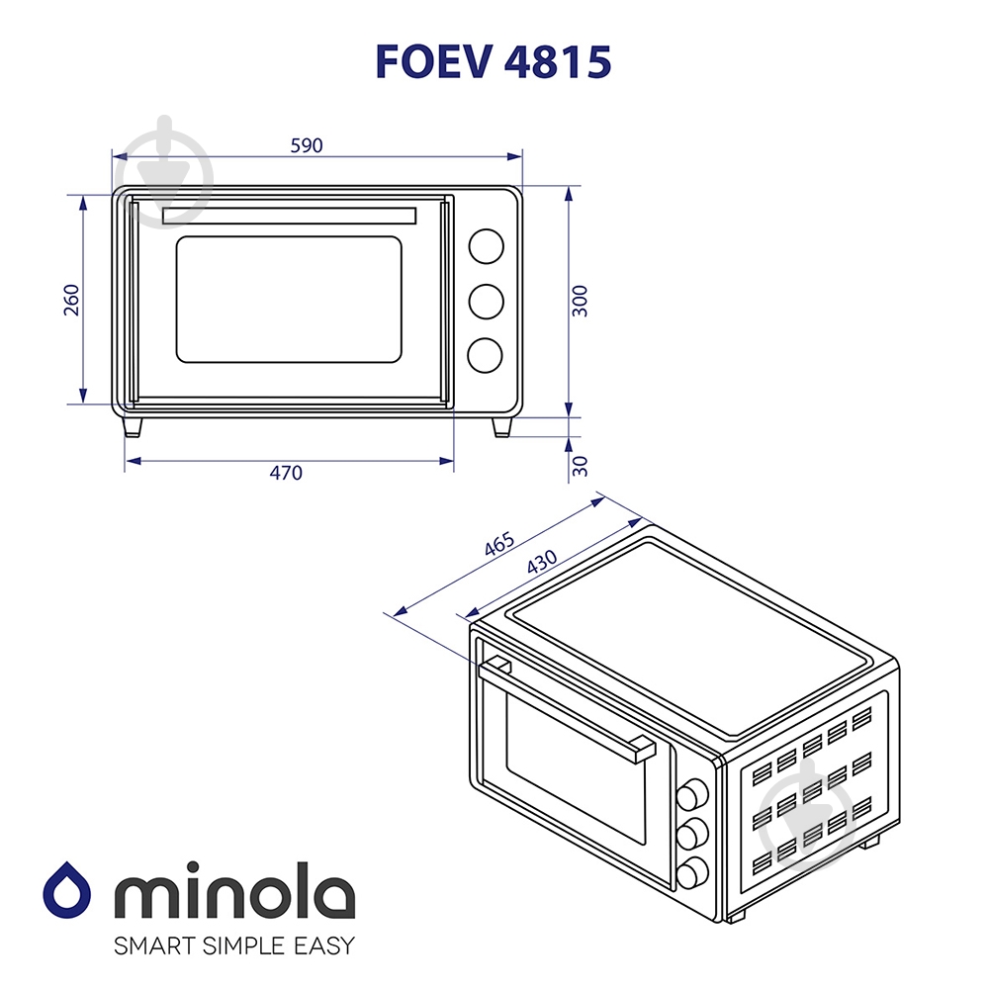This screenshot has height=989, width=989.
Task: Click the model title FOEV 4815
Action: coord(493,61)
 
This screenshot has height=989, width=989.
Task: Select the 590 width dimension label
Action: coord(307,145)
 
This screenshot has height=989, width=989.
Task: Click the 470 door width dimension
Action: coord(286,473)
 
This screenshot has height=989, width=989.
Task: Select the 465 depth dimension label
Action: coord(500,545)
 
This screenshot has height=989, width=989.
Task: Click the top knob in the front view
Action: coord(485,246)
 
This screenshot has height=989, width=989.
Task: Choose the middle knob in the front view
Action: coord(485,302)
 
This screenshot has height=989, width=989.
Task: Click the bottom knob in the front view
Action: coord(485,356)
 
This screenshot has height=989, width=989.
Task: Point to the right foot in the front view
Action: coord(501,426)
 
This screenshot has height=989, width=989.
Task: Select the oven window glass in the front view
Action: coord(289,299)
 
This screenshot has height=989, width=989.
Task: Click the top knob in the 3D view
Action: coord(692,793)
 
